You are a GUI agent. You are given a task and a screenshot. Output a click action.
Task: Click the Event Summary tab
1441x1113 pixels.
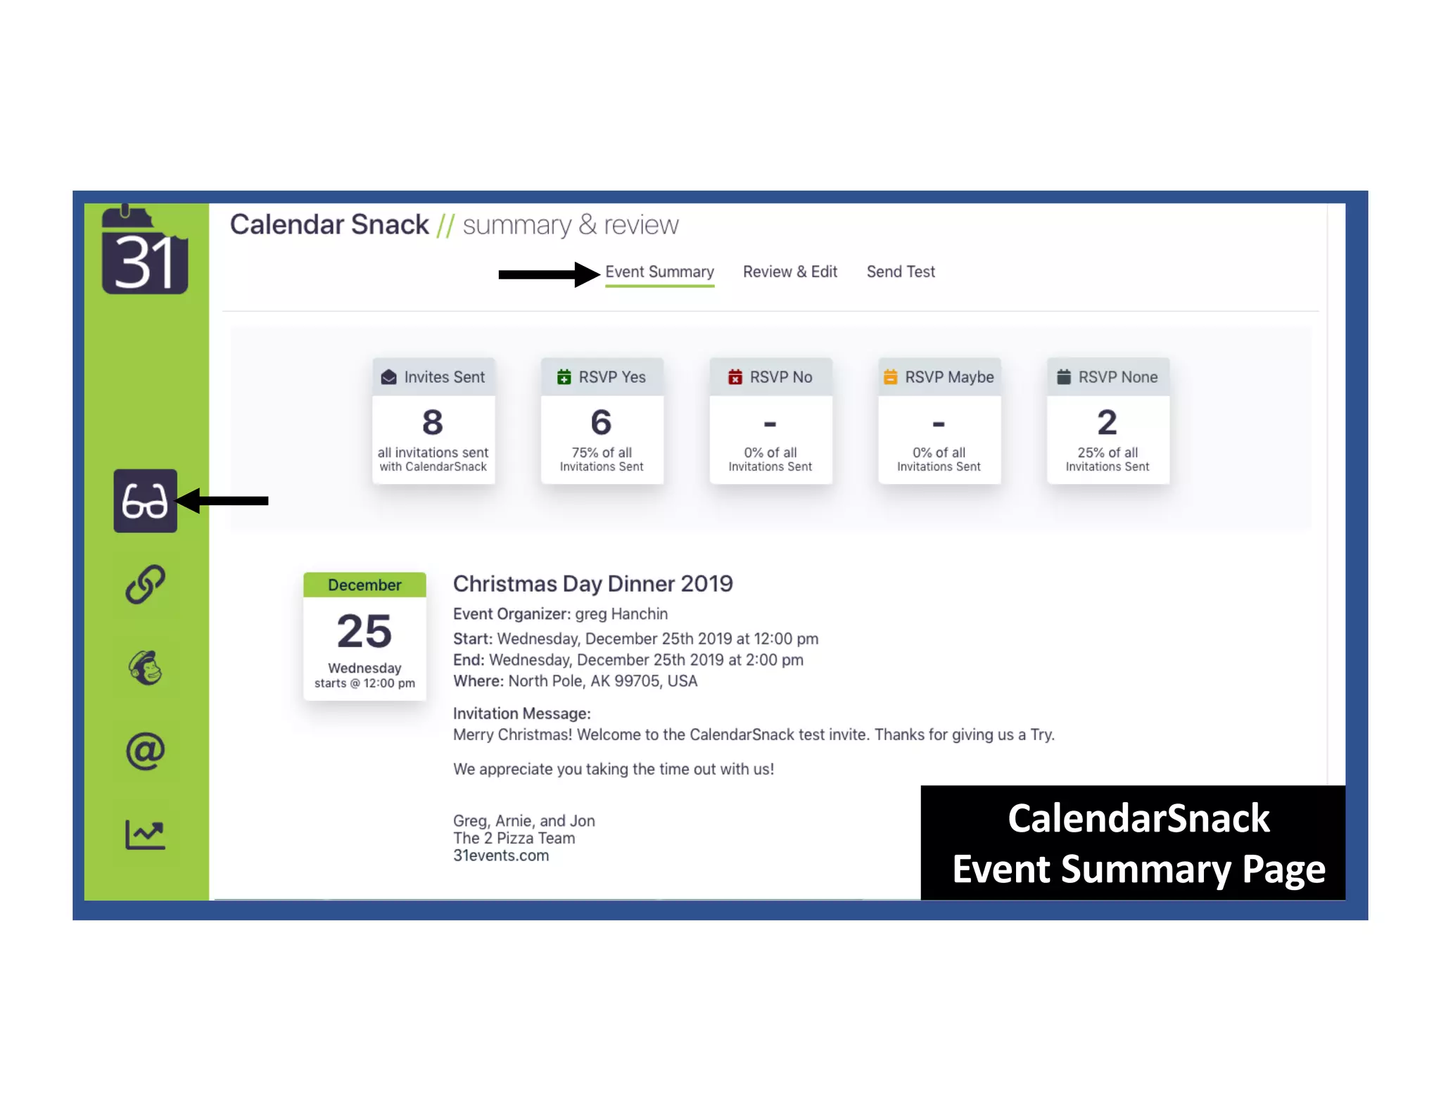(659, 272)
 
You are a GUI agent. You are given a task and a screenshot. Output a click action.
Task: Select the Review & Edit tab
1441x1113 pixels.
(789, 272)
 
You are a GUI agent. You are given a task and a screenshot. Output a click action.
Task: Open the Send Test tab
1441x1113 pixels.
(900, 272)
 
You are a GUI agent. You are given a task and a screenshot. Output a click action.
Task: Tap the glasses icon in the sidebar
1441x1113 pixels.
(145, 501)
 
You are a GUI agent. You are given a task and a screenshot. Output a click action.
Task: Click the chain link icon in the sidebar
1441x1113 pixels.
(145, 584)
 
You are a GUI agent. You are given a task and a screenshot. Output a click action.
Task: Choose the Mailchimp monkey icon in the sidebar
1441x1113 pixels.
(145, 668)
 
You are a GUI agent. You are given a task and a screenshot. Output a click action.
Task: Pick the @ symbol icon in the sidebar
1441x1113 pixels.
(145, 751)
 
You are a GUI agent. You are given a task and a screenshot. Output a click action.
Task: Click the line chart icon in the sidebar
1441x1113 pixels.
(145, 834)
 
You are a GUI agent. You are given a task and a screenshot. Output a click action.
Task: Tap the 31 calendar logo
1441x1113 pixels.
(144, 252)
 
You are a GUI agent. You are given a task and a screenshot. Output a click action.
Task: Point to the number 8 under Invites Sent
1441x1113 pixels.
(433, 423)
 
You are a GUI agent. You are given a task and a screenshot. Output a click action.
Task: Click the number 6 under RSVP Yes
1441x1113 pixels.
(601, 423)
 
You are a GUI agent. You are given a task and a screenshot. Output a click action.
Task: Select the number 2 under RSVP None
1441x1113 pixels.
(1107, 423)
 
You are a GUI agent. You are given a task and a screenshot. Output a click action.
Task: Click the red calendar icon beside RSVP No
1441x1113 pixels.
(735, 377)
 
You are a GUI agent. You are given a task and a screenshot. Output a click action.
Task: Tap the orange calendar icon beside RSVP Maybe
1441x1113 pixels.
(890, 377)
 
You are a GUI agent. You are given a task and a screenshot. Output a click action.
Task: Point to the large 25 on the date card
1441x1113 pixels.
(364, 631)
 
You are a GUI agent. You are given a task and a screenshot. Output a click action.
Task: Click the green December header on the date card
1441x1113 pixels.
(364, 585)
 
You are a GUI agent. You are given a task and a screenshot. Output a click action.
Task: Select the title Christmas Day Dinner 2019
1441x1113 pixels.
(592, 584)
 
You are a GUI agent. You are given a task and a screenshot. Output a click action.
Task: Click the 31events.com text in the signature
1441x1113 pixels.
(500, 856)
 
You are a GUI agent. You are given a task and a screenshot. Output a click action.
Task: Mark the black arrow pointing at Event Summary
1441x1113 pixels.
(548, 274)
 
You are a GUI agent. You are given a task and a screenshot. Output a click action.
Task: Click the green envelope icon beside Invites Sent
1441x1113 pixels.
(388, 377)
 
